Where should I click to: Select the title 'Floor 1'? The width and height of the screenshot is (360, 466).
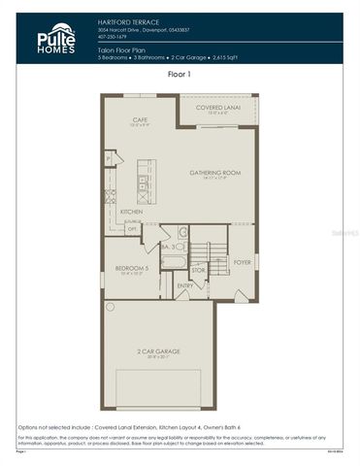coord(180,73)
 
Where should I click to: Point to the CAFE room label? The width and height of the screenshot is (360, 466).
coord(140,119)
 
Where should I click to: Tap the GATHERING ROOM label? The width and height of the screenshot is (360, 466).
coord(214,172)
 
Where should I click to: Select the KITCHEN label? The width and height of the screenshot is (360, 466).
coord(132,211)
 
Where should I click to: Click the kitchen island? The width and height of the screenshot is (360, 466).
coord(145,181)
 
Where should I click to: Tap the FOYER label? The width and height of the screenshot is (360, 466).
coord(242,261)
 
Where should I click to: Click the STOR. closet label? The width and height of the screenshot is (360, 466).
coord(198,270)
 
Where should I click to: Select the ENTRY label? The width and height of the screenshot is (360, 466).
coord(185,285)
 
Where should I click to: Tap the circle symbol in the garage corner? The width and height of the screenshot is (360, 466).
coord(110,307)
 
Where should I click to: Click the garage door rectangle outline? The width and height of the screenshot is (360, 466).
coord(159,393)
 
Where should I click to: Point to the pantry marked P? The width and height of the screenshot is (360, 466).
coord(109,156)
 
